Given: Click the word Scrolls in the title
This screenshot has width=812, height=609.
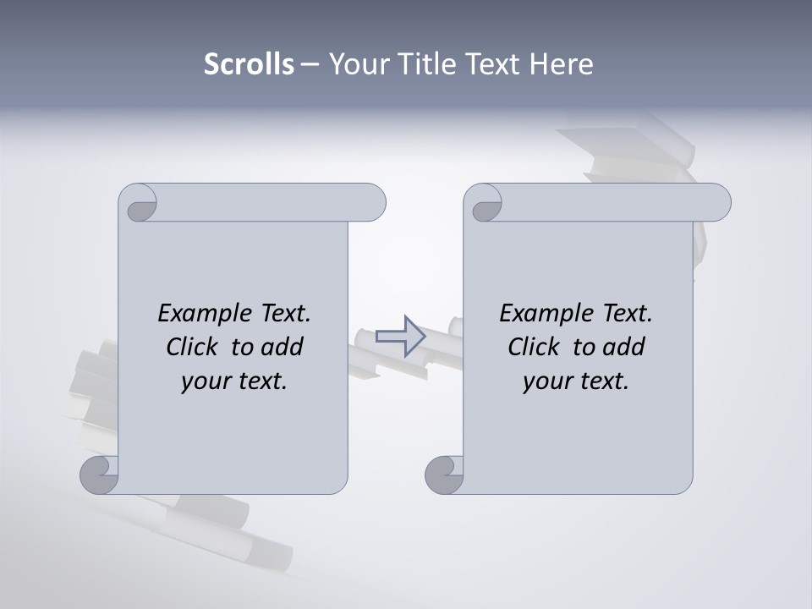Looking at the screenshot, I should pyautogui.click(x=249, y=64).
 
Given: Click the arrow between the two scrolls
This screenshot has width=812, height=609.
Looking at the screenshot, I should pyautogui.click(x=400, y=337).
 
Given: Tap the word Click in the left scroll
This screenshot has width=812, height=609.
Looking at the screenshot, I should pyautogui.click(x=193, y=347).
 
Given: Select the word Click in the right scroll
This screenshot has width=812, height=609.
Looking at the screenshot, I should pyautogui.click(x=535, y=347).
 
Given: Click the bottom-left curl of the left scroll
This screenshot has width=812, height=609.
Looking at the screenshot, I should pyautogui.click(x=99, y=475).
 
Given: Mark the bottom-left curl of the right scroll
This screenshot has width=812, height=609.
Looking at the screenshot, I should pyautogui.click(x=444, y=475).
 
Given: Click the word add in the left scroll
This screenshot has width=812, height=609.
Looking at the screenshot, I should pyautogui.click(x=283, y=347).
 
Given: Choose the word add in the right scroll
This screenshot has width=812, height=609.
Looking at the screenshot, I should pyautogui.click(x=624, y=347).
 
